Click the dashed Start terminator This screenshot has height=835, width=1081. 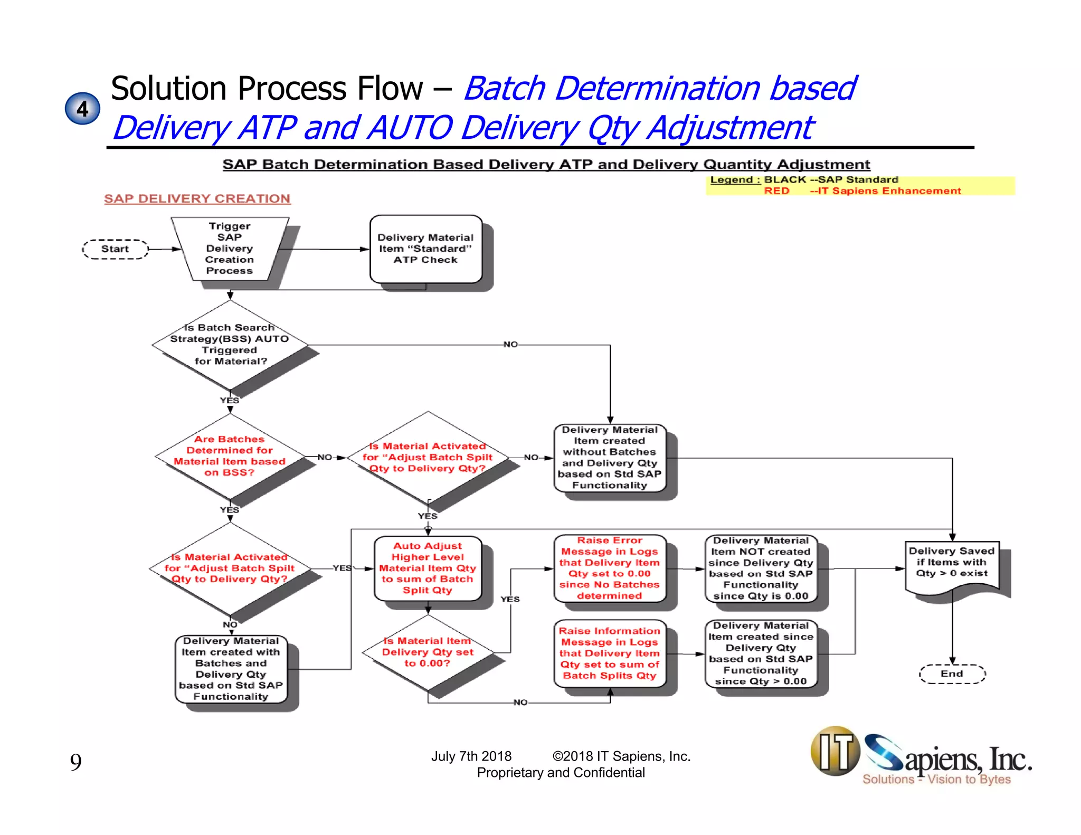[x=115, y=249]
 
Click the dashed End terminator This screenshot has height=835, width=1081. [x=952, y=674]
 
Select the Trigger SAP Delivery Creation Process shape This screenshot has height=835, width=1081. [x=230, y=249]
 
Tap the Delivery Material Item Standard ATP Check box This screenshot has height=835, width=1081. [x=425, y=249]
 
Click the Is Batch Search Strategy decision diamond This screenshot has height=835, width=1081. [x=230, y=345]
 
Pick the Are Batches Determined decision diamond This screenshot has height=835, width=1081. [x=230, y=456]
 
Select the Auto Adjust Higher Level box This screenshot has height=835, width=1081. [x=428, y=568]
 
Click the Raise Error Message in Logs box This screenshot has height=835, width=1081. [x=610, y=568]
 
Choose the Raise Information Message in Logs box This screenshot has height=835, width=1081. [x=610, y=653]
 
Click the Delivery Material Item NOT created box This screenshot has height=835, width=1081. [x=761, y=568]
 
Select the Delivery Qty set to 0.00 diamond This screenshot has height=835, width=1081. [x=428, y=652]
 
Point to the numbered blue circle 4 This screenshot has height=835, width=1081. [x=82, y=109]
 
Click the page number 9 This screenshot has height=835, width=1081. [x=76, y=762]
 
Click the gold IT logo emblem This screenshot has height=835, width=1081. [x=835, y=751]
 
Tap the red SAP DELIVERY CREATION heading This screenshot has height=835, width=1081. [x=197, y=199]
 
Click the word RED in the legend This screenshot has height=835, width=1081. [x=776, y=191]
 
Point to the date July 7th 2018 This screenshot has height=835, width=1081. [x=471, y=756]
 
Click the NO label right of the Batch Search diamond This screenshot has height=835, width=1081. [x=510, y=345]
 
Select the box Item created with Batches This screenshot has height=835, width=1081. [x=231, y=669]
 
